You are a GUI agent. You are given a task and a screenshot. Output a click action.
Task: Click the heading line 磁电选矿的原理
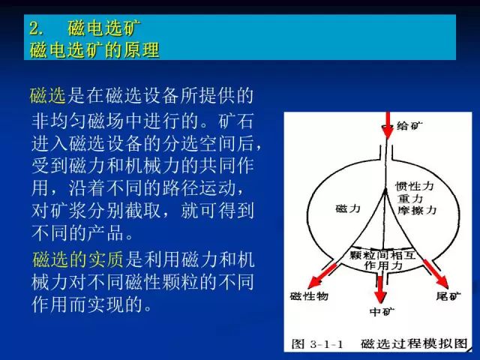click(x=94, y=50)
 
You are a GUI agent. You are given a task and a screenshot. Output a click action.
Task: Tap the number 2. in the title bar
click(x=37, y=28)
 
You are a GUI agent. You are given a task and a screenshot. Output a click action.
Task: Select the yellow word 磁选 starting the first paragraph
click(x=48, y=95)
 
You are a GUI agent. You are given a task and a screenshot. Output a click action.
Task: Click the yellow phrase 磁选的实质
click(x=78, y=259)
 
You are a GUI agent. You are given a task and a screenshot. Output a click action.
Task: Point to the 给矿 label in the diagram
click(x=409, y=125)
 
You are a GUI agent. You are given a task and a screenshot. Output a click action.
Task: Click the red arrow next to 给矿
click(x=388, y=125)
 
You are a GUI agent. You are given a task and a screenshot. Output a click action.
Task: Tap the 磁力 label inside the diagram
click(x=348, y=208)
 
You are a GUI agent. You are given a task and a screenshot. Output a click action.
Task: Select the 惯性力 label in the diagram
click(x=415, y=186)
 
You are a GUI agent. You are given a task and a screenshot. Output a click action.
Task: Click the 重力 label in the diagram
click(x=410, y=198)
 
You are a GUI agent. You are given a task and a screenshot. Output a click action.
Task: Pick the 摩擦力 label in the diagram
click(x=417, y=210)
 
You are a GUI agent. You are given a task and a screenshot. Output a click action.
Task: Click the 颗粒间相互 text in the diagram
click(x=382, y=255)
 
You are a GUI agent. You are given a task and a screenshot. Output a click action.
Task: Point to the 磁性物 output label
click(x=309, y=296)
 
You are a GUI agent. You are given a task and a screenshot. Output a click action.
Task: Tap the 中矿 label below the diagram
click(x=382, y=312)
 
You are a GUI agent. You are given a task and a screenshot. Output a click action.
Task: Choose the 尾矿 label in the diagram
click(x=448, y=296)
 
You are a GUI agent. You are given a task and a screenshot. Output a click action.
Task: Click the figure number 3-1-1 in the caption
click(x=326, y=344)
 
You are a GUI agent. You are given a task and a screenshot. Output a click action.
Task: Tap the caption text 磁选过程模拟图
click(x=414, y=343)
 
